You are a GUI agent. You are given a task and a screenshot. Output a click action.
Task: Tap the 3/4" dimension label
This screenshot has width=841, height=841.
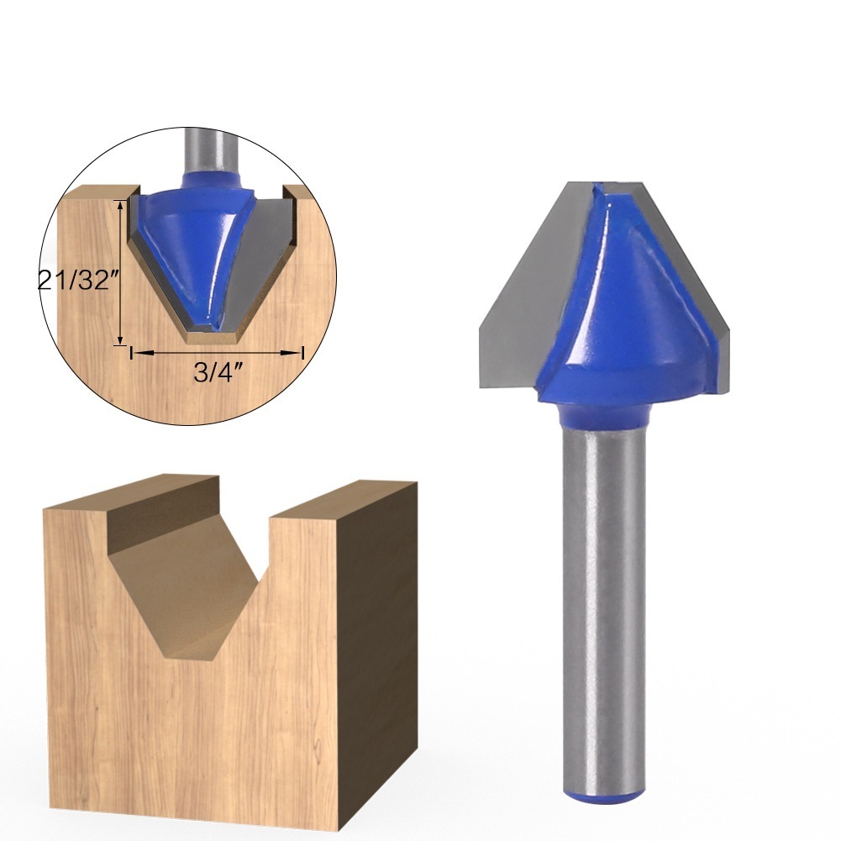tap(218, 371)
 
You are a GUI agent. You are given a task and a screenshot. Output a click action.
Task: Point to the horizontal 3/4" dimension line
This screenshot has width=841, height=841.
tap(217, 353)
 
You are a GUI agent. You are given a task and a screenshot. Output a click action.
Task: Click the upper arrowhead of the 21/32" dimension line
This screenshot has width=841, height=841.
tap(122, 202)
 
